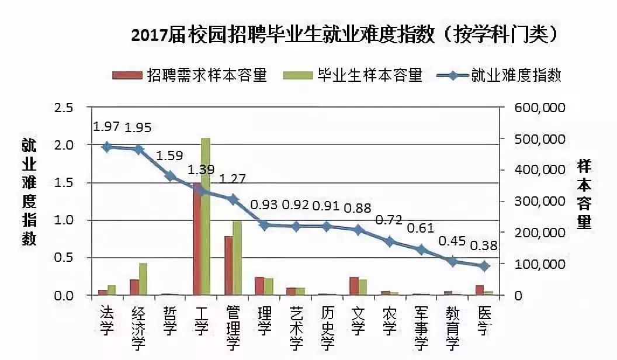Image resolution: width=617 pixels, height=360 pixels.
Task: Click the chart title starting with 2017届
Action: click(344, 34)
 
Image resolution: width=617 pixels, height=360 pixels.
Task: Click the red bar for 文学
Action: click(353, 286)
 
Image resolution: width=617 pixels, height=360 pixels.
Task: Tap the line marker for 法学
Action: click(107, 147)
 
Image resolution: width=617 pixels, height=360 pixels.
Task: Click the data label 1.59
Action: click(169, 156)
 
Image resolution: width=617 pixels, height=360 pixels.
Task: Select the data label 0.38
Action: click(484, 245)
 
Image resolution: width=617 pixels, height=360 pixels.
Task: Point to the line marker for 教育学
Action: click(452, 261)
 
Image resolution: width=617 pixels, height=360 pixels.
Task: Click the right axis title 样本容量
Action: click(584, 193)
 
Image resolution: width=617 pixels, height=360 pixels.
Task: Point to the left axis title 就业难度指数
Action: click(29, 192)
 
